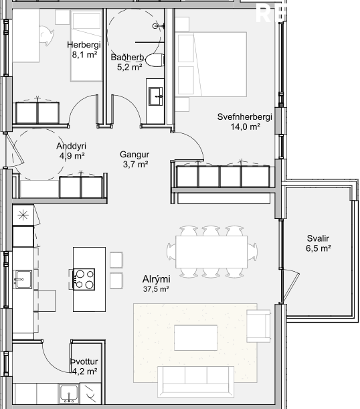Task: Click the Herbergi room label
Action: (x=84, y=45)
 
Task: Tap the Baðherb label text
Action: (x=128, y=57)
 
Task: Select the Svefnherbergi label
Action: (x=245, y=117)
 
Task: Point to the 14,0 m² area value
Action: (x=246, y=127)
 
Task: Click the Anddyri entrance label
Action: (x=71, y=146)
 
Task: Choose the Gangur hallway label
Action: (x=134, y=155)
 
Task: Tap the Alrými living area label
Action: (x=157, y=279)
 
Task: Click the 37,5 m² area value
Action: (x=156, y=289)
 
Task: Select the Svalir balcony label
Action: (x=318, y=238)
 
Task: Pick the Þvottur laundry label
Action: (x=84, y=361)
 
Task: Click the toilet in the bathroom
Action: (x=155, y=60)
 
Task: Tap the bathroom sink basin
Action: (x=156, y=96)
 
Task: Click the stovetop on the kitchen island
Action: (x=84, y=279)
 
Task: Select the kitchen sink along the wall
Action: (x=23, y=279)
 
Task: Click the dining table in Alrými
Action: (x=211, y=252)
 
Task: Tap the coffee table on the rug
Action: (x=196, y=337)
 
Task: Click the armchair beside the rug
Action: (x=258, y=326)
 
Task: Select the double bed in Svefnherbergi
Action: (x=211, y=64)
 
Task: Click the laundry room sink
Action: (x=69, y=394)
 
